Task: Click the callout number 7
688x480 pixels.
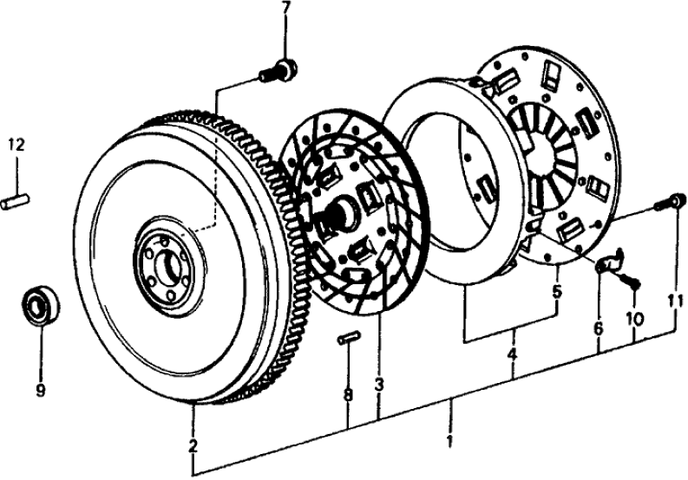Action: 285,10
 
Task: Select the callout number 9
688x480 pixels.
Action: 40,391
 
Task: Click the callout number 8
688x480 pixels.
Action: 347,395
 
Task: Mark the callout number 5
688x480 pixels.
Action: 556,293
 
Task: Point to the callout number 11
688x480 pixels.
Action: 676,302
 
